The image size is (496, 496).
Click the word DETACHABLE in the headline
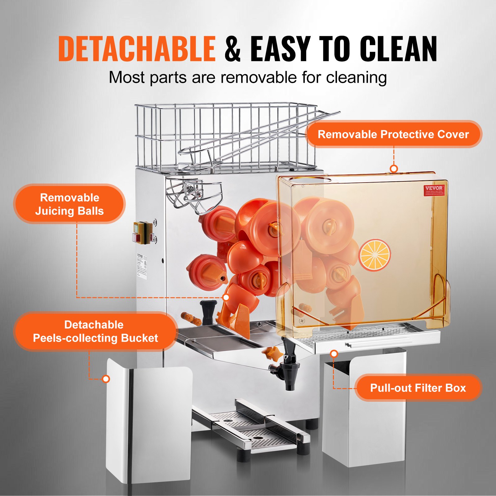(137, 49)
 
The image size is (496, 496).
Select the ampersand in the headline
(232, 49)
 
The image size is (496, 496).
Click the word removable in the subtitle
(259, 77)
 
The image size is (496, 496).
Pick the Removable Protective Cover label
(393, 134)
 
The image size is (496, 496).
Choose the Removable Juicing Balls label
(69, 204)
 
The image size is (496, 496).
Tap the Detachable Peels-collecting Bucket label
(95, 331)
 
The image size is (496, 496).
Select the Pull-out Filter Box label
(418, 388)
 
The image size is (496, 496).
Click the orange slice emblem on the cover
(374, 255)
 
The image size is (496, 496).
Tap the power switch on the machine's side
(143, 232)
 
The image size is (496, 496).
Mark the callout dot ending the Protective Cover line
(394, 169)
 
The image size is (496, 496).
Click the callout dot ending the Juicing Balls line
(226, 297)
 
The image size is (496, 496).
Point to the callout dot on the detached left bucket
(106, 379)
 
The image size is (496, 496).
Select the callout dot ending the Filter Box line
(334, 353)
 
